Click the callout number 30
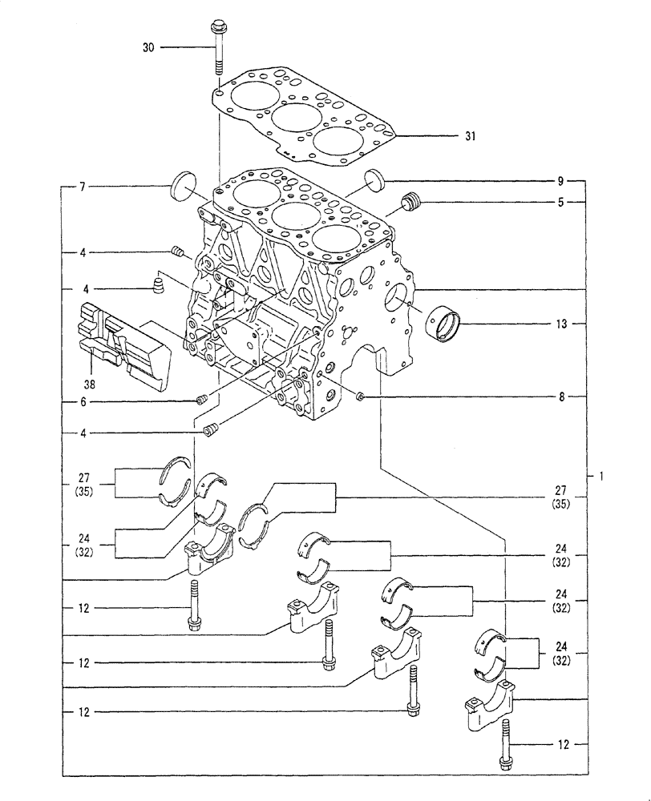pyautogui.click(x=148, y=48)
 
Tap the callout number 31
pyautogui.click(x=470, y=136)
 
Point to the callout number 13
pyautogui.click(x=561, y=324)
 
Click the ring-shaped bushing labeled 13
pyautogui.click(x=446, y=323)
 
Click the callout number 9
pyautogui.click(x=561, y=180)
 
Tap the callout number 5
pyautogui.click(x=561, y=203)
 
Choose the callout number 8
pyautogui.click(x=561, y=396)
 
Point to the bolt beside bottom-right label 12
pyautogui.click(x=505, y=745)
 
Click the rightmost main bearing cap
pyautogui.click(x=489, y=705)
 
